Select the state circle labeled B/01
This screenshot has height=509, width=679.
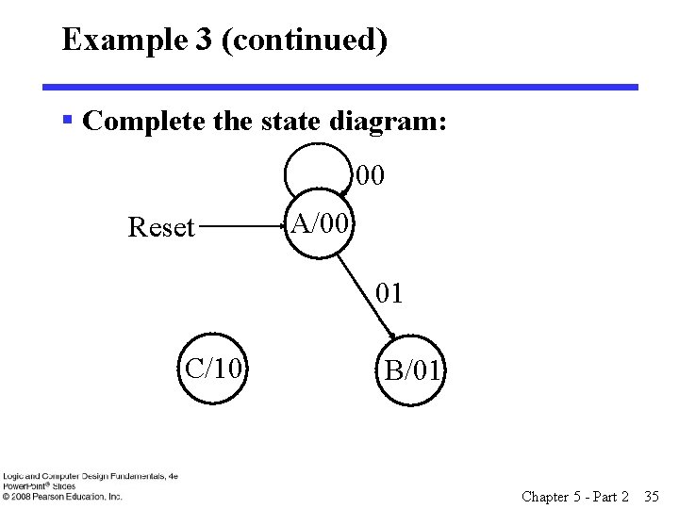[x=411, y=369]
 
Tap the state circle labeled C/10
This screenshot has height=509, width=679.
[x=213, y=369]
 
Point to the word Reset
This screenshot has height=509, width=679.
[x=160, y=227]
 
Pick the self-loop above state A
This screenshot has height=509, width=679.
[x=318, y=151]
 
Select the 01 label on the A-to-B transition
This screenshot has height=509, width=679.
[x=389, y=294]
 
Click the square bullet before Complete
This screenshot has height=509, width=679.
[x=68, y=120]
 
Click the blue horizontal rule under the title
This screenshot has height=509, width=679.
[x=339, y=87]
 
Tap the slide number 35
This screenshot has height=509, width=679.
[x=650, y=496]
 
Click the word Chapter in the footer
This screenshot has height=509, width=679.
[x=544, y=496]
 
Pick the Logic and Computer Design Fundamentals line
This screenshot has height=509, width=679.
[x=90, y=477]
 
